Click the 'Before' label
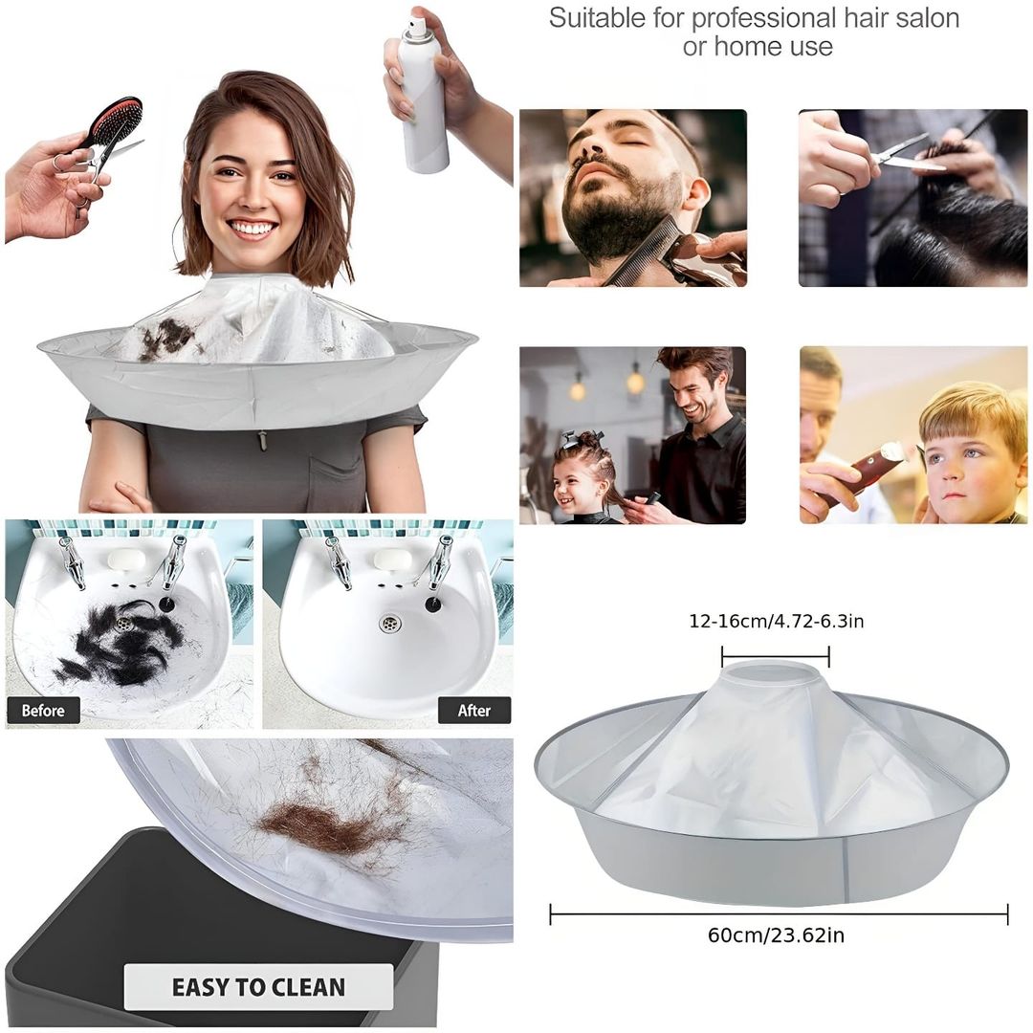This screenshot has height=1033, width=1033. tap(43, 710)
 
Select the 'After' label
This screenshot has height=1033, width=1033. tap(474, 710)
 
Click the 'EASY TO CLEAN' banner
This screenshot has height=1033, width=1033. tap(259, 987)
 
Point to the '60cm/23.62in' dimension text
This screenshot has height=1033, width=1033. tap(776, 934)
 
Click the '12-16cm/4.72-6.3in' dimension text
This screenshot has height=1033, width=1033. tap(776, 621)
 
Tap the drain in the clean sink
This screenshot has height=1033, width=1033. tap(388, 623)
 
